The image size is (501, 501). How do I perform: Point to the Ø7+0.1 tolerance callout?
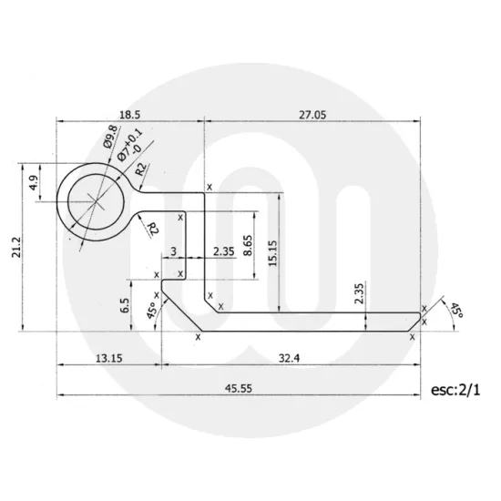pyautogui.click(x=127, y=145)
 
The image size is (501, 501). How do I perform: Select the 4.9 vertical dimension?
pyautogui.click(x=34, y=180)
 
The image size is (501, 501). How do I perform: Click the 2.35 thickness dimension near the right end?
pyautogui.click(x=359, y=292)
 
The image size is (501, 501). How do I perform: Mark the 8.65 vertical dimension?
pyautogui.click(x=249, y=244)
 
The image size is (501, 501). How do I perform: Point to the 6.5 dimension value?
pyautogui.click(x=126, y=304)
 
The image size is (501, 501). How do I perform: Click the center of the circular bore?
pyautogui.click(x=94, y=199)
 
